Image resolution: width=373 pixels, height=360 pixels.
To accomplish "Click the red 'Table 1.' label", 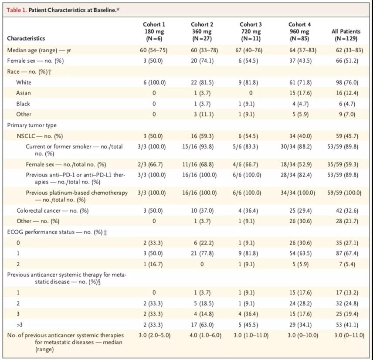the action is coord(17,10).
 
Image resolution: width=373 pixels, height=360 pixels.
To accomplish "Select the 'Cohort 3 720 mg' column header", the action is coord(251,31).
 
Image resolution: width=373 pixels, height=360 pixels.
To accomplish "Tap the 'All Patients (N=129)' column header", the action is coord(346,35).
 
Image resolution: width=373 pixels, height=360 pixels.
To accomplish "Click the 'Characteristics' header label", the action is coord(26,38).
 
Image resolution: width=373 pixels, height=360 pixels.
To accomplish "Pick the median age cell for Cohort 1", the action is coord(154,50).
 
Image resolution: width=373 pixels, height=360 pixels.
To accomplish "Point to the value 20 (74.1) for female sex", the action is coord(202,61).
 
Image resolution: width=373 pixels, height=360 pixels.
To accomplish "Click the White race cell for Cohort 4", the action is coord(300,82).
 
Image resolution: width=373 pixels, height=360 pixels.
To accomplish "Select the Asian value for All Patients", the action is coord(347,93).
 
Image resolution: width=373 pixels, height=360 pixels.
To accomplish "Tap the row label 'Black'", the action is coord(23,104).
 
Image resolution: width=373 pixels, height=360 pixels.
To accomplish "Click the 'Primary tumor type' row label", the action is coord(32,125).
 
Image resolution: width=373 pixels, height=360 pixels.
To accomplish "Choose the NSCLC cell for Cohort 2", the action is coord(202,136).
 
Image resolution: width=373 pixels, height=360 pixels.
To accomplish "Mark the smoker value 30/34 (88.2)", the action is coord(296,146).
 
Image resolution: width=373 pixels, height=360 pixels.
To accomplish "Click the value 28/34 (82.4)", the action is coord(296,175).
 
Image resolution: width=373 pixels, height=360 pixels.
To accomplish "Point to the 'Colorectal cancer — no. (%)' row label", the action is coord(52,211).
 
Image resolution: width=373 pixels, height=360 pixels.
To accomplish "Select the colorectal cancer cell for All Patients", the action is coord(347,211).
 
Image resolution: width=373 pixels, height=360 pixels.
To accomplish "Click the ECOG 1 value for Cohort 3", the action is coord(248,253).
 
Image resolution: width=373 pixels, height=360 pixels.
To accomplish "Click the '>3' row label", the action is coord(20,325).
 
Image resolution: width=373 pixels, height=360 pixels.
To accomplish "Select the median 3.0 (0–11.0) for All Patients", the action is coord(349,335).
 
